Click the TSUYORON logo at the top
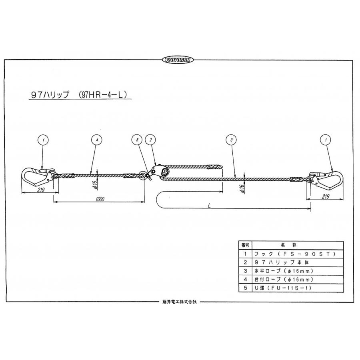coord(178,60)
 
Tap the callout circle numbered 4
coord(97,140)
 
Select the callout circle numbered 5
coord(137,140)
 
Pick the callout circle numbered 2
coord(150,140)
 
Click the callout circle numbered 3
coord(232,140)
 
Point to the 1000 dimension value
coord(100,199)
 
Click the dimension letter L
coord(209,206)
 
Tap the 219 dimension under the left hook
coord(40,190)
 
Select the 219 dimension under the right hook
coord(326,196)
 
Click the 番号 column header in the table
coord(245,245)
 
